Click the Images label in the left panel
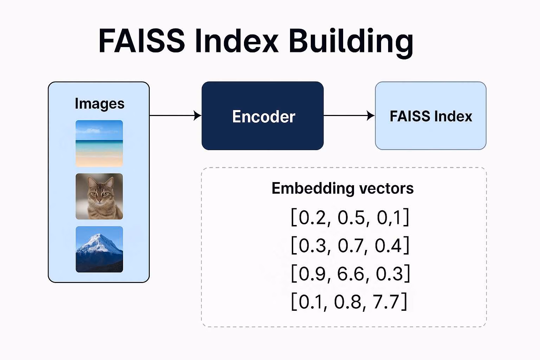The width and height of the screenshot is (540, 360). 99,104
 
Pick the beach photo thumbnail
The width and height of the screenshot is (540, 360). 99,143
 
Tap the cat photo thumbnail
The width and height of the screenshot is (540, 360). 99,196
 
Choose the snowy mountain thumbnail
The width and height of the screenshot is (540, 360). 99,249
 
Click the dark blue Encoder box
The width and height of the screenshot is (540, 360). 263,116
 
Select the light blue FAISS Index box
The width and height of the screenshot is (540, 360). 431,116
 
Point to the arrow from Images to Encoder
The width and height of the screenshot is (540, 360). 175,115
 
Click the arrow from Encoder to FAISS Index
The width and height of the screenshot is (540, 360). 349,115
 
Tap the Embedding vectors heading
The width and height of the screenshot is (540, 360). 342,188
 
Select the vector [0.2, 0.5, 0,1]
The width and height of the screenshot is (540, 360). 350,217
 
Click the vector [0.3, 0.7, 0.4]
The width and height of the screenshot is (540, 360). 350,245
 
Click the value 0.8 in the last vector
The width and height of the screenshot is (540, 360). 347,302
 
